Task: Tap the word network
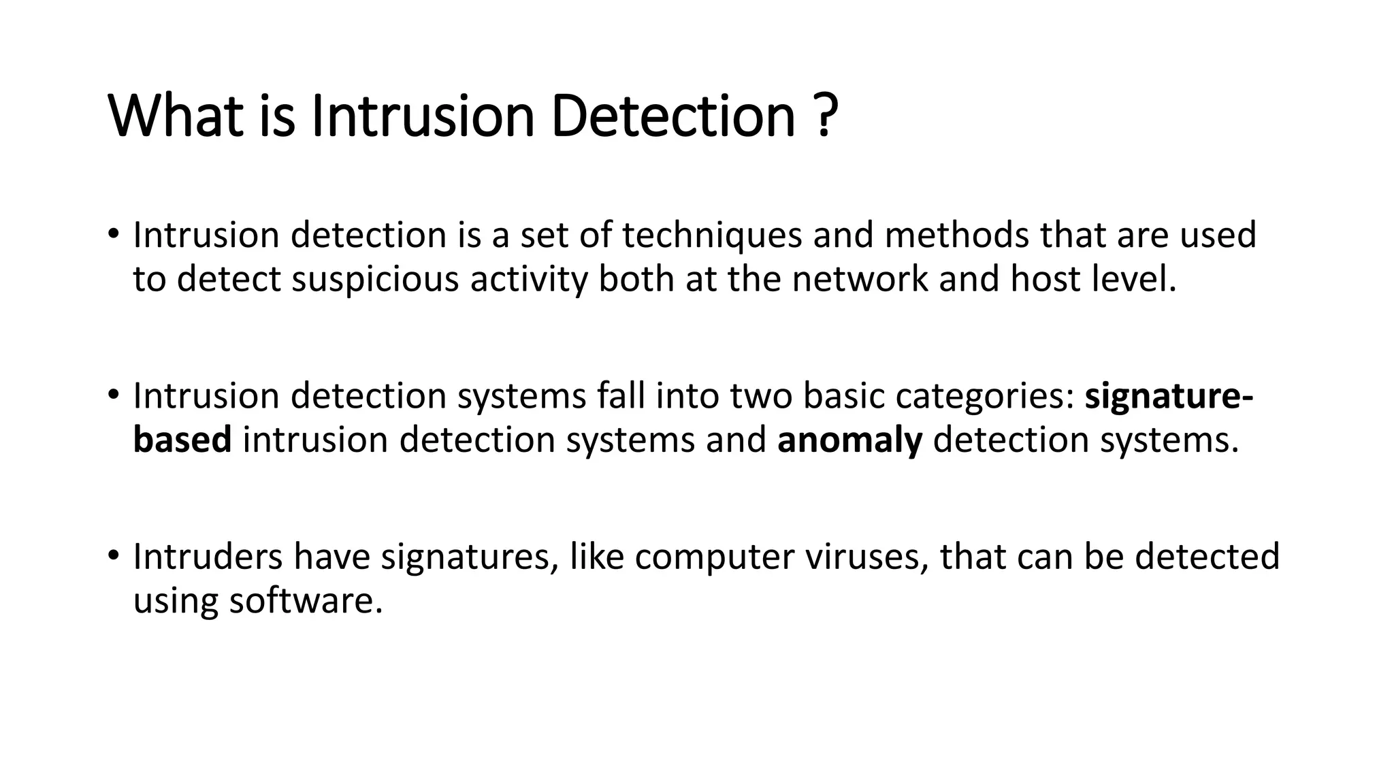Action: pyautogui.click(x=860, y=280)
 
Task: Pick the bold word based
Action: pyautogui.click(x=182, y=440)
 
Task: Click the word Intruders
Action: pyautogui.click(x=208, y=556)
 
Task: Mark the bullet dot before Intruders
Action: pyautogui.click(x=113, y=555)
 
